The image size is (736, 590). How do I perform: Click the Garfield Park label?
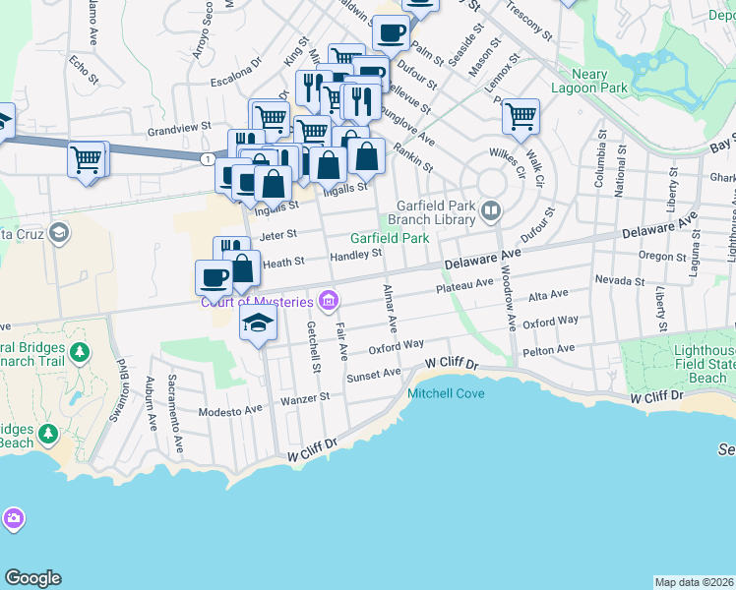390,238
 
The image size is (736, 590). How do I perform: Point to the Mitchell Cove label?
446,393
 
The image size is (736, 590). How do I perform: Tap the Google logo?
32,578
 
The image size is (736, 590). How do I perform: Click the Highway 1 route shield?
207,158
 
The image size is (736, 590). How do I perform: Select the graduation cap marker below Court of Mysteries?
258,323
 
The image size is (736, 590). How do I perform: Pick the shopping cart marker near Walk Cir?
521,116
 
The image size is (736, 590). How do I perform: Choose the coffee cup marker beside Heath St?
214,277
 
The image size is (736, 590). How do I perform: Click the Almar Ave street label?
391,307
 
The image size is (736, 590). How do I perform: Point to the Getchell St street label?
314,347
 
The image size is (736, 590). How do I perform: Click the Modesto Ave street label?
231,412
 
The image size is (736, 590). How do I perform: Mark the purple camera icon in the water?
13,517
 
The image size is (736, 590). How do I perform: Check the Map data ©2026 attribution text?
694,582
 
